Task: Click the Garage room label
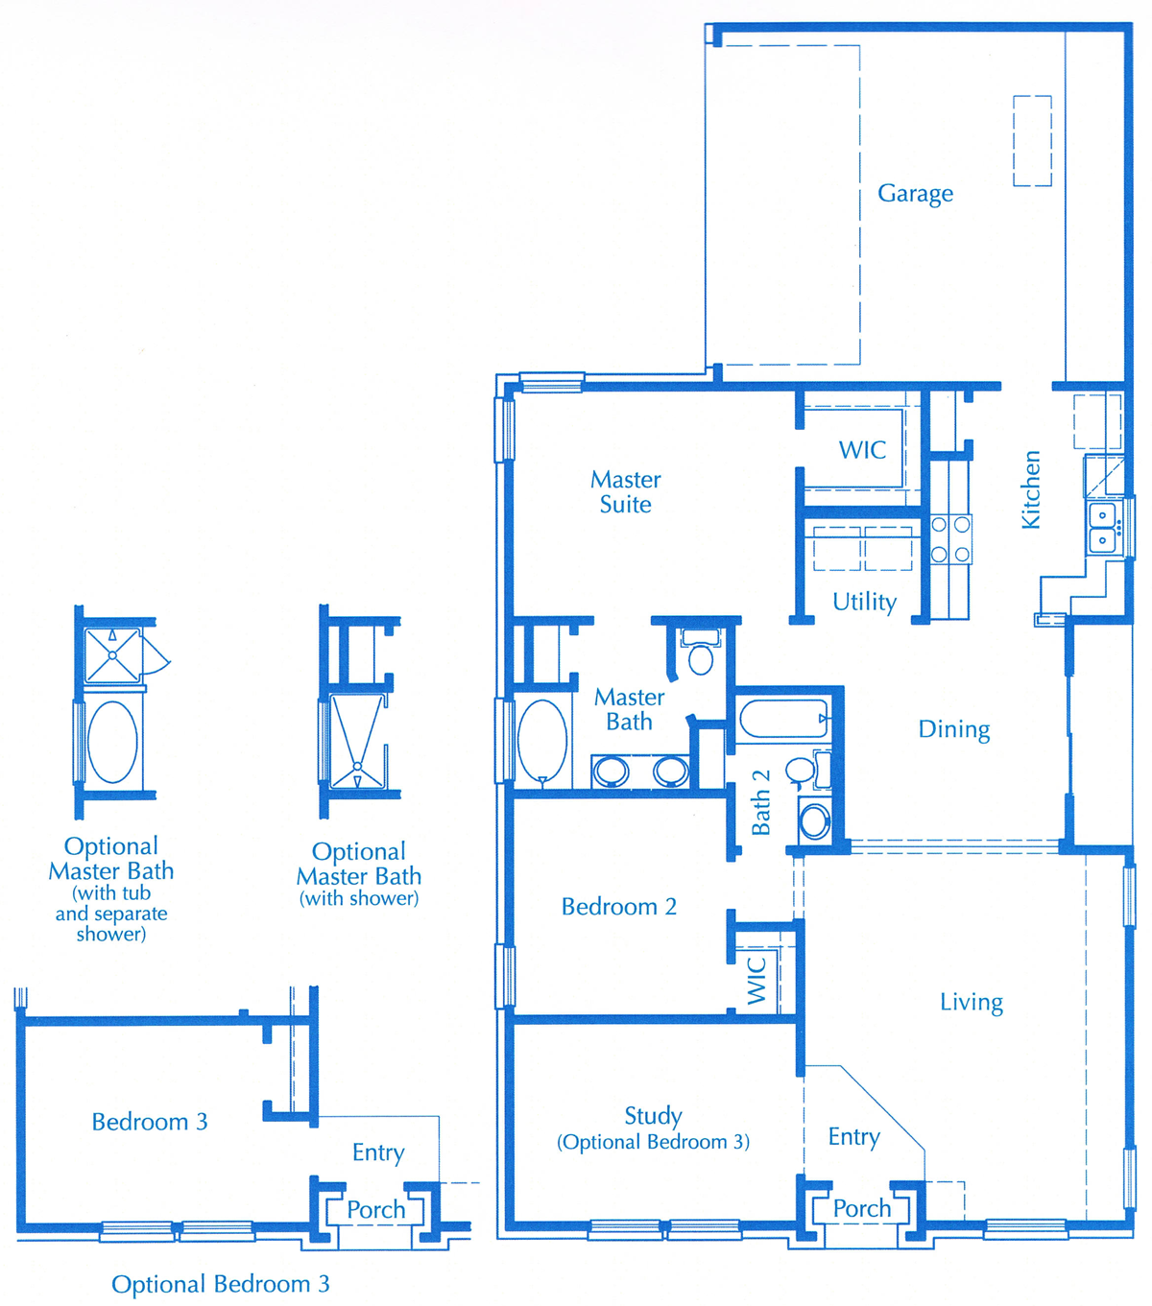tap(915, 194)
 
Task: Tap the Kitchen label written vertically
tap(1031, 490)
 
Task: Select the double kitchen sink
tap(1102, 528)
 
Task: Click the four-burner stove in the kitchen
tap(950, 539)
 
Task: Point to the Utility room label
tap(864, 602)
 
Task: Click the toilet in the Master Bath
tap(701, 651)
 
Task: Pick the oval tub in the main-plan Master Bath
tap(542, 742)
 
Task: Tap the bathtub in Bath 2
tap(783, 718)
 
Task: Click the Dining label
tap(954, 729)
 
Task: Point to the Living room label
tap(972, 1003)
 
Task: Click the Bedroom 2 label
tap(618, 907)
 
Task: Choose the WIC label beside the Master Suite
tap(862, 450)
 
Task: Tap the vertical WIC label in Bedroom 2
tap(756, 981)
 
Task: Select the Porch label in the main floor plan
tap(862, 1209)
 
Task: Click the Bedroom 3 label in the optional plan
tap(150, 1123)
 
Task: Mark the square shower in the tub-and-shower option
tap(113, 655)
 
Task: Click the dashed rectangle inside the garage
tap(1033, 141)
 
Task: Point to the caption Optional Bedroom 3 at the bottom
tap(221, 1284)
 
